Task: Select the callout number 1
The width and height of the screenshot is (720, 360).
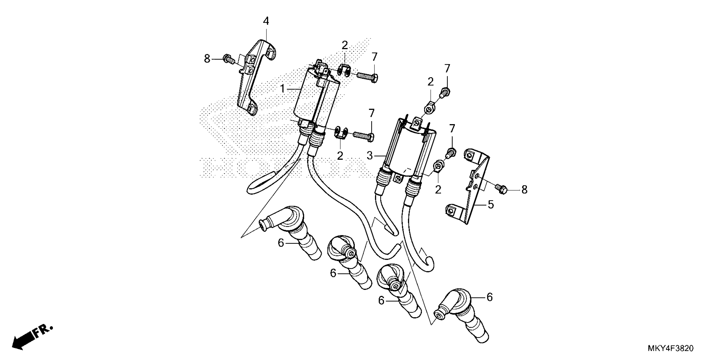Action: pos(282,89)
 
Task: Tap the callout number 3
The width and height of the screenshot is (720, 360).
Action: pos(370,156)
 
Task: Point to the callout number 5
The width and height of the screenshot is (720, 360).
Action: pos(491,205)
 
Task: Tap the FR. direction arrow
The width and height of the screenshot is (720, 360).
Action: pos(31,338)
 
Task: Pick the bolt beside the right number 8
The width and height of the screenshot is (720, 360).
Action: pos(501,189)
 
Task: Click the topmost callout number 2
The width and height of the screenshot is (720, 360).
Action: pos(345,45)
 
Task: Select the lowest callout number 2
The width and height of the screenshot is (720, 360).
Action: pos(438,190)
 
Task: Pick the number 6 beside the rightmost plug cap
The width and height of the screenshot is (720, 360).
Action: pos(489,297)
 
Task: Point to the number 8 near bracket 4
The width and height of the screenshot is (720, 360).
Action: pos(207,59)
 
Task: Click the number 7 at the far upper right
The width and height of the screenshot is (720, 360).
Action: pos(447,68)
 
